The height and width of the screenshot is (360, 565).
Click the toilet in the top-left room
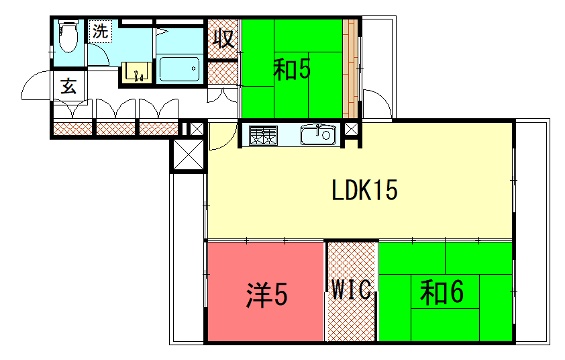[x=68, y=36]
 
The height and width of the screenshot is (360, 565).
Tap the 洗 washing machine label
[x=100, y=31]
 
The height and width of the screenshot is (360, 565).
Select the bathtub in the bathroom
[x=179, y=69]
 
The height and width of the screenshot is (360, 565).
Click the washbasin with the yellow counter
[x=136, y=72]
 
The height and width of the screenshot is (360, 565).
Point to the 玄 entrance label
[x=68, y=86]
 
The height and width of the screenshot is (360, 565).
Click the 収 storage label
[x=224, y=39]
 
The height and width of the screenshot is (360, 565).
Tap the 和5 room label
[x=292, y=70]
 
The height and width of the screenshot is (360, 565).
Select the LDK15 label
[x=364, y=190]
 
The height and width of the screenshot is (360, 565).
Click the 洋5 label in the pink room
[x=267, y=295]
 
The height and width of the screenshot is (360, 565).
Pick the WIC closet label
[x=351, y=289]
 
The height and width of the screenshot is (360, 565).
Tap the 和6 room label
[x=442, y=292]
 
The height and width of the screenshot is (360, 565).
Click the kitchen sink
[x=318, y=134]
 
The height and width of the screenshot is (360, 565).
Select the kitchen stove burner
[x=263, y=135]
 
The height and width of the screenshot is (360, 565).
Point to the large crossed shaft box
[x=188, y=155]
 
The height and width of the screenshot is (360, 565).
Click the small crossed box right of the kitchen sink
[x=352, y=129]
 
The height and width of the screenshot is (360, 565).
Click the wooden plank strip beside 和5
[x=350, y=68]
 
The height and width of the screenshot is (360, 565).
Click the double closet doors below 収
[x=222, y=96]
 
